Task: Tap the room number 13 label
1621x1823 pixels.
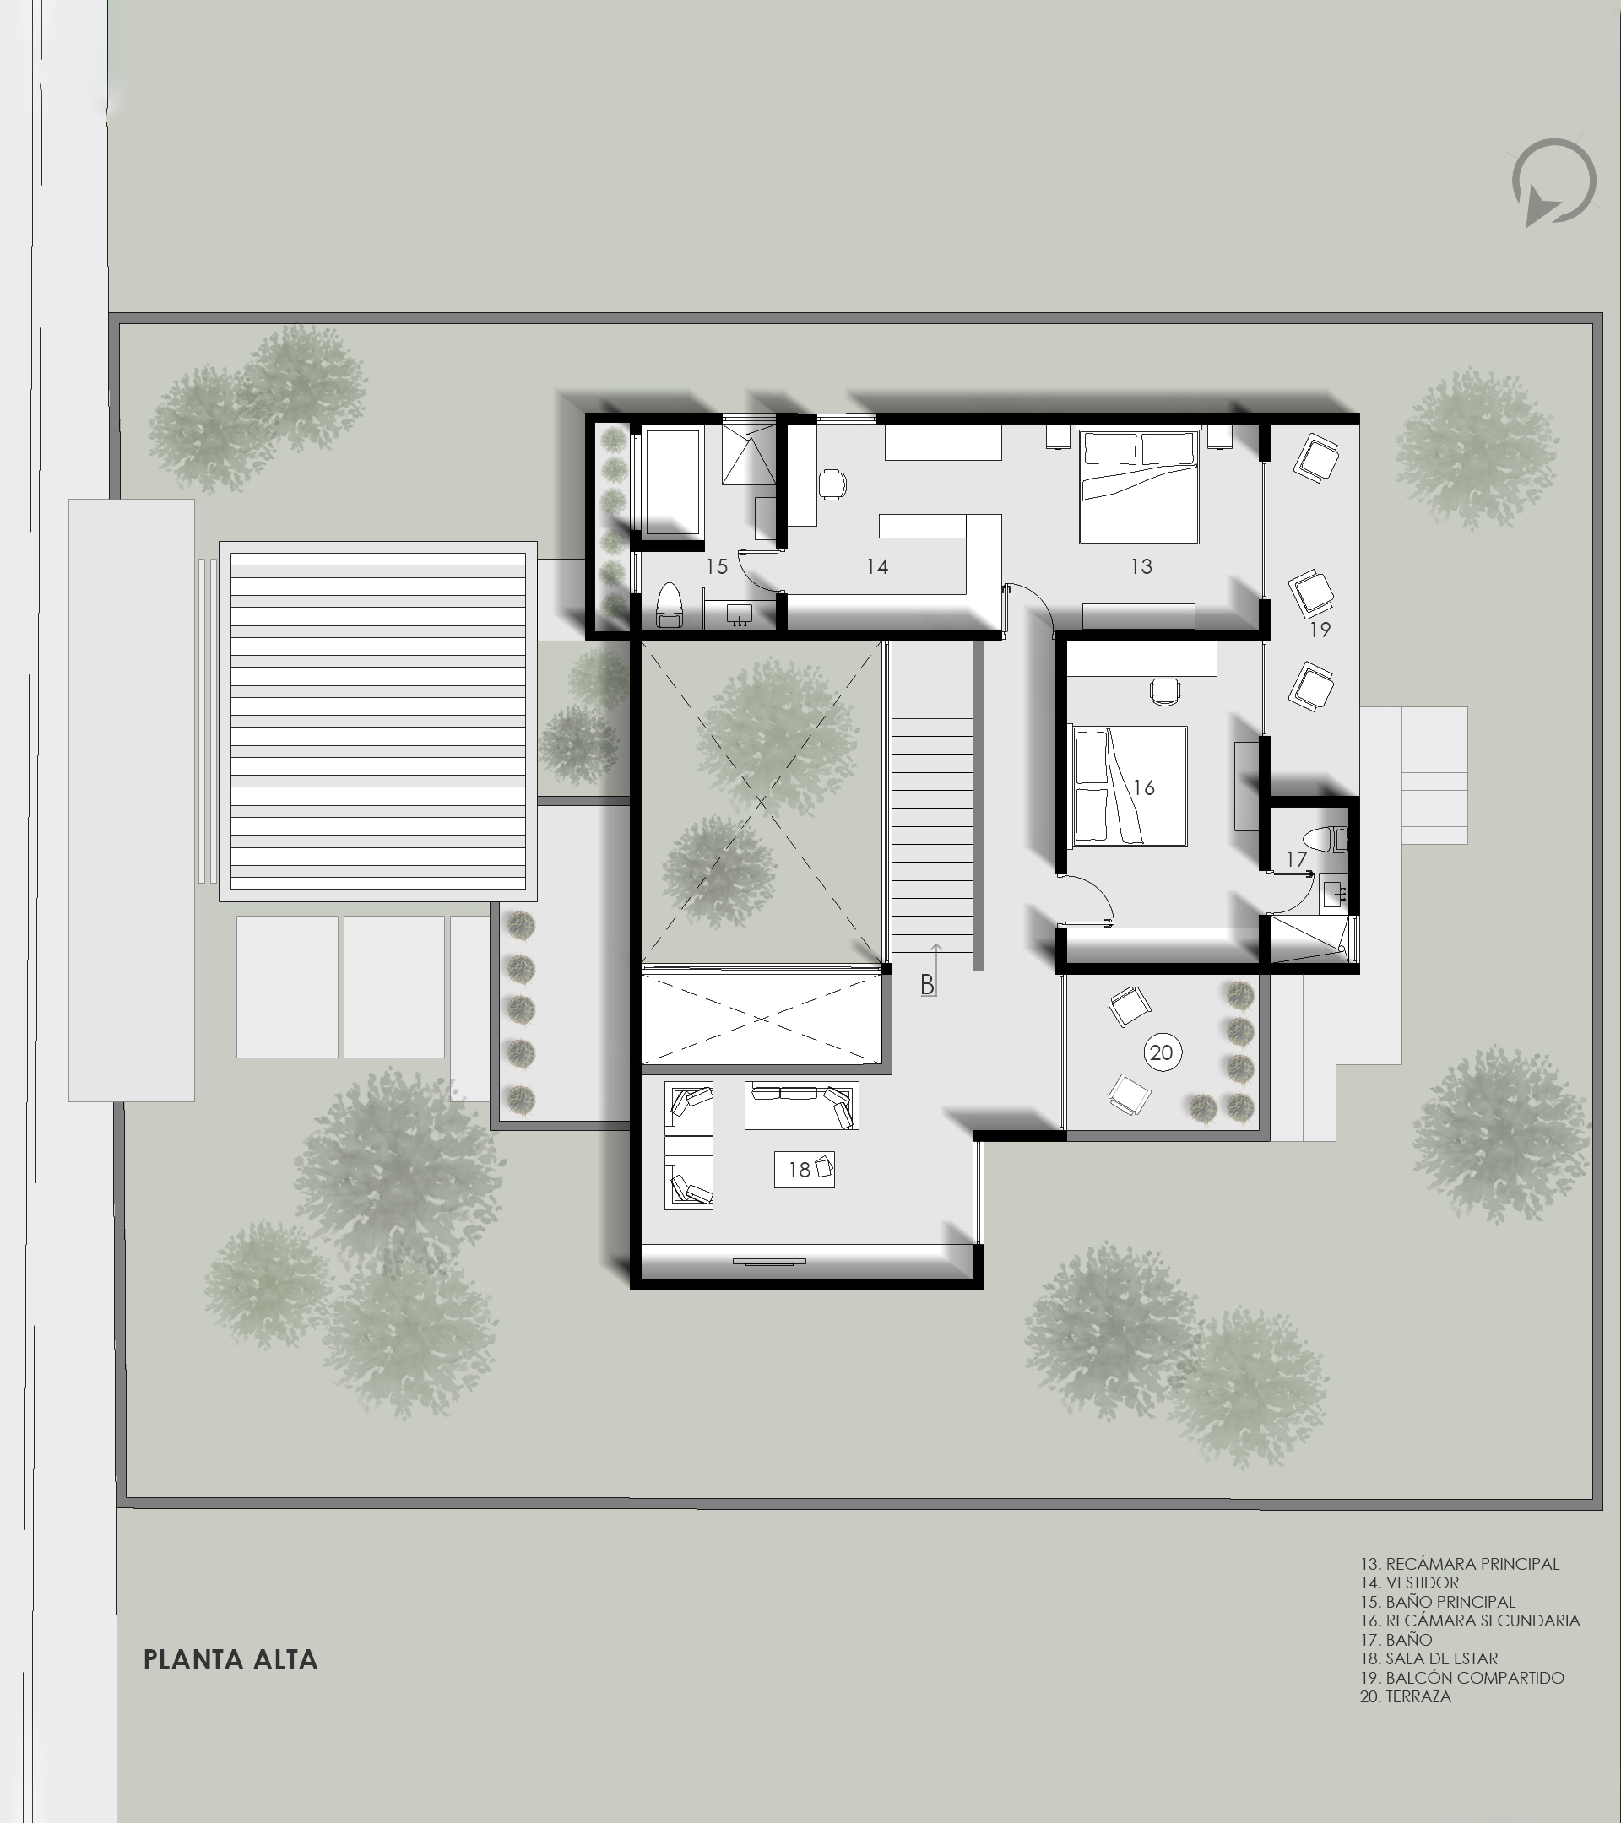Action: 1141,566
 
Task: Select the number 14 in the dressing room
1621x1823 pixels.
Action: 877,566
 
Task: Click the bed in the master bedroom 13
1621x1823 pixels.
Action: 1138,487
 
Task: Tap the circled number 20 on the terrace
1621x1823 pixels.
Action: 1162,1052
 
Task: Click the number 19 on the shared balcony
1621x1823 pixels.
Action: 1320,630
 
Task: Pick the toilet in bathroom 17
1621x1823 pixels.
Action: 1325,839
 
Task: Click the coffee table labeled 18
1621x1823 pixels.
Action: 804,1169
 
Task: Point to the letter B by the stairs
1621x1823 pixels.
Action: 928,985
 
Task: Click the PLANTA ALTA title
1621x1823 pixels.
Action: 231,1660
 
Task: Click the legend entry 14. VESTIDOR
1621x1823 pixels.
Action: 1410,1582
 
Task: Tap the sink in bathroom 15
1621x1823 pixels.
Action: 740,614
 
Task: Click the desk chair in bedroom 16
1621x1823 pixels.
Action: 1164,691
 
